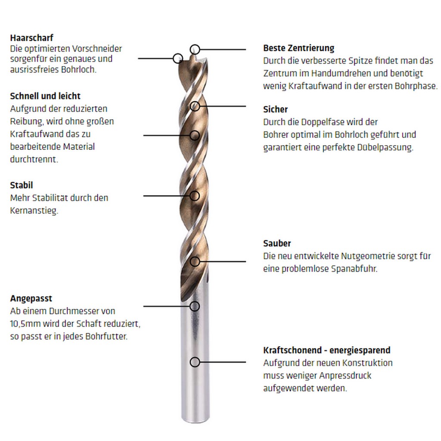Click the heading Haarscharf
[x=31, y=38]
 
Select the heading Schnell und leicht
[x=45, y=96]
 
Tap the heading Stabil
[x=22, y=185]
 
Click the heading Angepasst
[x=31, y=299]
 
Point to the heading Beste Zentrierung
[x=299, y=48]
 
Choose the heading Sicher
[x=275, y=109]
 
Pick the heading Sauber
[x=277, y=244]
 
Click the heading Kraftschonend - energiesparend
[x=327, y=351]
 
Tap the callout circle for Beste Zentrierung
[x=195, y=50]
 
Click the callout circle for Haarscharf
[x=177, y=59]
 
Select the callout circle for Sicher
[x=195, y=106]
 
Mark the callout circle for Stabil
[x=195, y=196]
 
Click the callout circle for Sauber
[x=195, y=261]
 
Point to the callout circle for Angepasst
[x=195, y=306]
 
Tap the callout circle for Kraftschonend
[x=195, y=362]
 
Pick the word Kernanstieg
[x=34, y=211]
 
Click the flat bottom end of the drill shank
[x=196, y=421]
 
